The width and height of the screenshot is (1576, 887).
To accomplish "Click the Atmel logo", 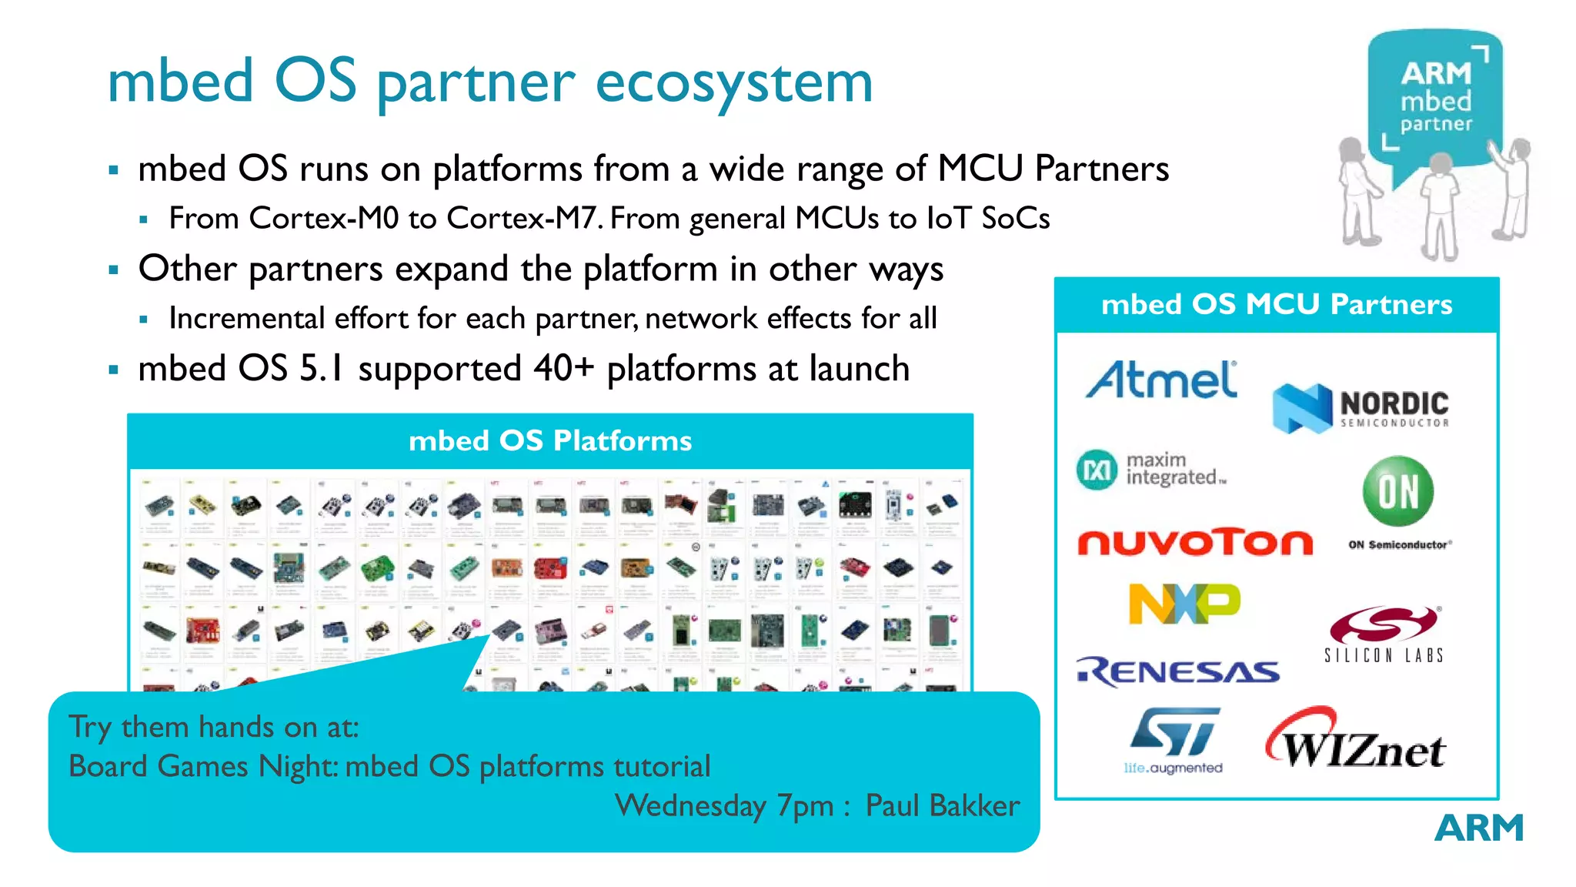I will tap(1161, 380).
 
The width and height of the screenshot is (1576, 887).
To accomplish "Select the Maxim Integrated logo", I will tap(1151, 470).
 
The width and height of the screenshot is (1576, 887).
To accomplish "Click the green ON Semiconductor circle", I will tap(1397, 491).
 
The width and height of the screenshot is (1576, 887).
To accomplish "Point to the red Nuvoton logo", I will tap(1194, 543).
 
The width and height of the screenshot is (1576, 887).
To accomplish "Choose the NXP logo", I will tap(1184, 604).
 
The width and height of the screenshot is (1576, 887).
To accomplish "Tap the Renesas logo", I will tap(1177, 671).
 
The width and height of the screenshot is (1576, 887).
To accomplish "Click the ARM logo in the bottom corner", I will tap(1478, 828).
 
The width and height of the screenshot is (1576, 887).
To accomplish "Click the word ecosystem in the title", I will tap(734, 82).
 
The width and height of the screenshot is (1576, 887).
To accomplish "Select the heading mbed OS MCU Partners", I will tap(1277, 305).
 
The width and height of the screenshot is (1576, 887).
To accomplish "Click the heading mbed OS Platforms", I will tap(550, 441).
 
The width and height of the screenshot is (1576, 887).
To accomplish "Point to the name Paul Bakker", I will tap(943, 805).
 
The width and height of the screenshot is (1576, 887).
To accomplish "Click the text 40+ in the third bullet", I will tap(563, 368).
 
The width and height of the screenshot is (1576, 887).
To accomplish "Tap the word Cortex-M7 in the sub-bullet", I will tap(523, 218).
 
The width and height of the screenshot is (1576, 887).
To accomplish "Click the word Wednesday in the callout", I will tap(690, 805).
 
